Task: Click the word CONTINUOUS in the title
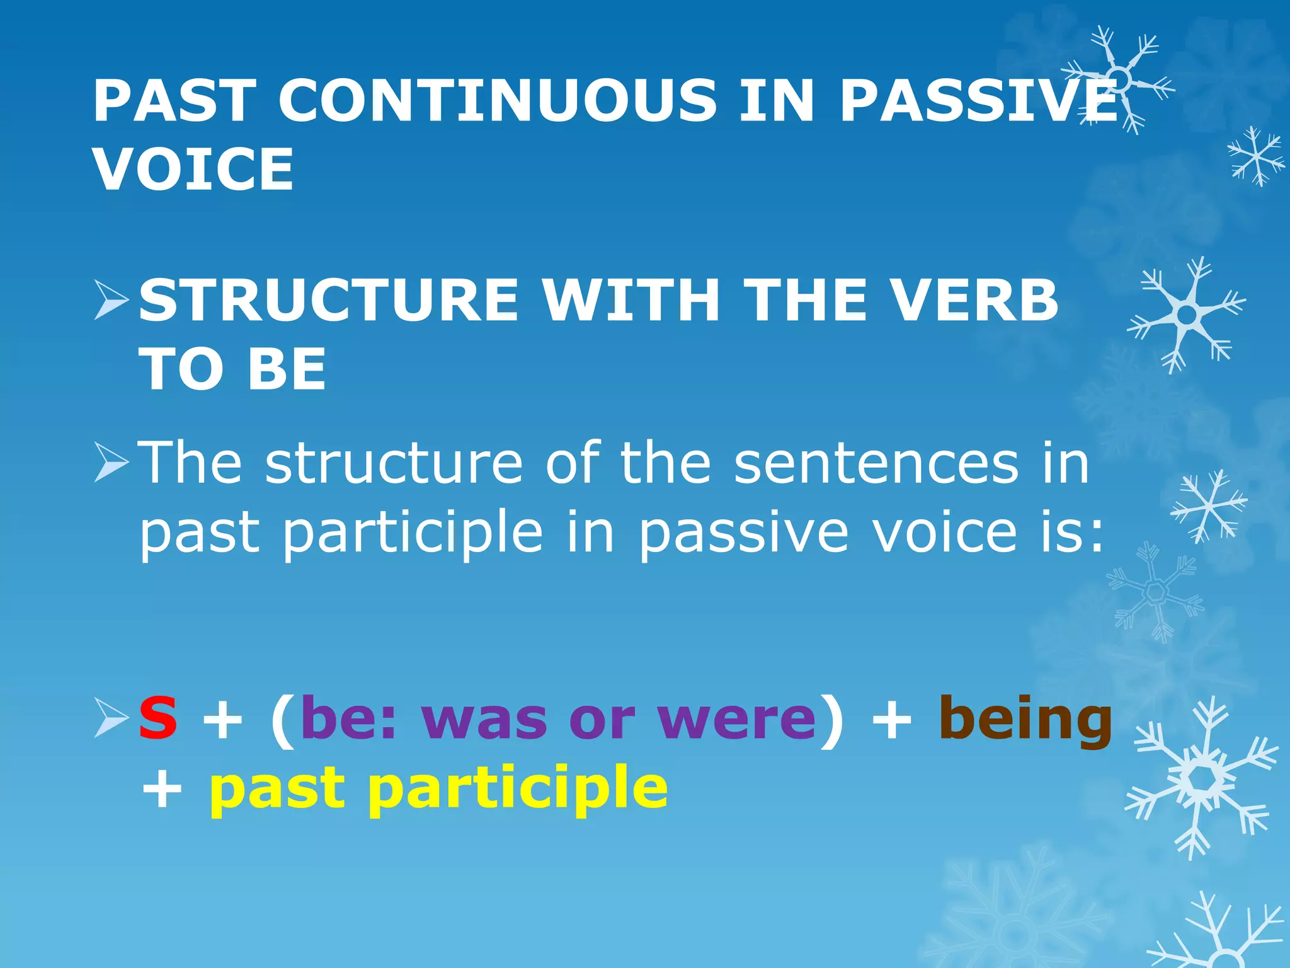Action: (498, 101)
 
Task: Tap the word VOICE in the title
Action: (193, 169)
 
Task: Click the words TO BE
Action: (232, 369)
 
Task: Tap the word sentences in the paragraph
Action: (876, 464)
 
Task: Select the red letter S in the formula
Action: (158, 719)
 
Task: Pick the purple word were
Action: (736, 719)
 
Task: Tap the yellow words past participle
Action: (438, 788)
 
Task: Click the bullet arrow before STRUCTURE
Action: (111, 301)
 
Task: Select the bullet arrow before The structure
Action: (111, 463)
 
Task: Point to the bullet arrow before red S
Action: (111, 719)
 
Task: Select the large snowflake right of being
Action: (1201, 779)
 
